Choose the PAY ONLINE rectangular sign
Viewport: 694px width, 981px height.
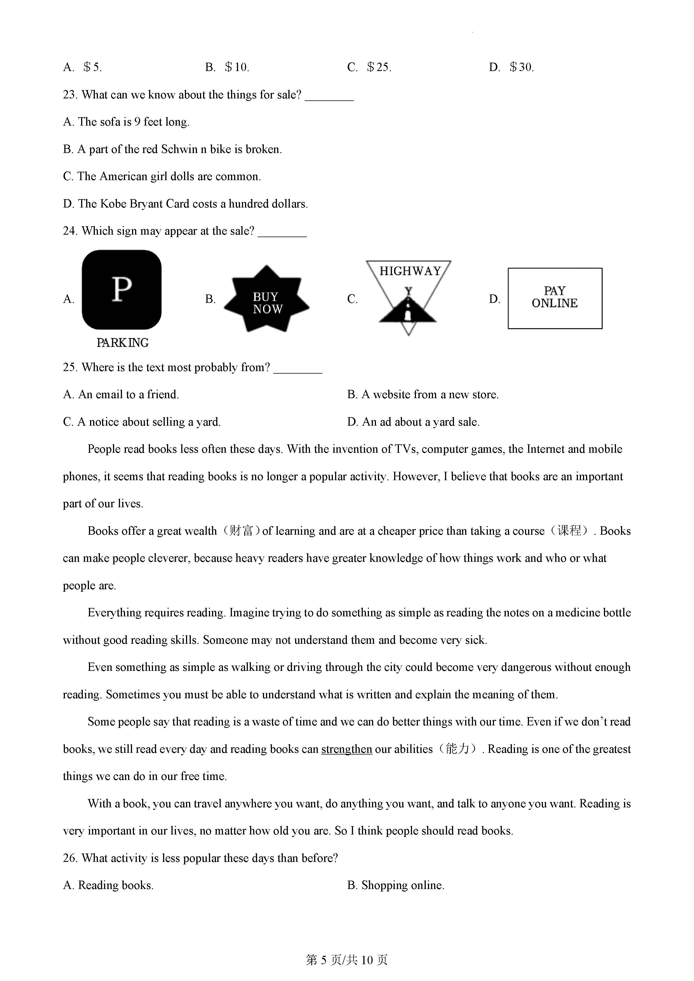click(555, 298)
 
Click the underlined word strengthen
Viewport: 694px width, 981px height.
click(347, 749)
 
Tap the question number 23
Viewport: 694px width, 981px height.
click(70, 95)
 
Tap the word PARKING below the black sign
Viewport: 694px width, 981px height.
click(123, 343)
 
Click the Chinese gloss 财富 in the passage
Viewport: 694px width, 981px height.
click(242, 531)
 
